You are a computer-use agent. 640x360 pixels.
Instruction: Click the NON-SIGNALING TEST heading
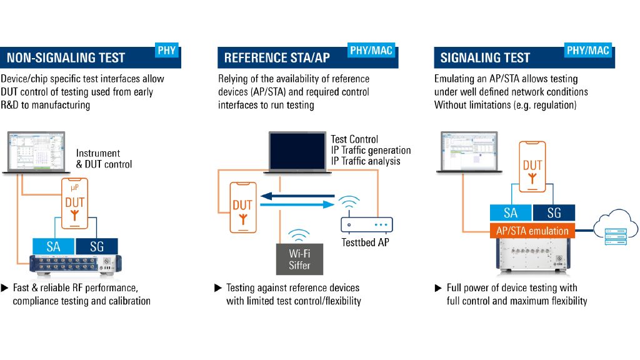(66, 58)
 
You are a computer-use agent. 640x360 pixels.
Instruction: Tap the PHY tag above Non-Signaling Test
(167, 51)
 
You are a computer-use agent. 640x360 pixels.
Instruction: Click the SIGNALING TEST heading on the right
(485, 58)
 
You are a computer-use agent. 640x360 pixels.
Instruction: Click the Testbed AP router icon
(366, 225)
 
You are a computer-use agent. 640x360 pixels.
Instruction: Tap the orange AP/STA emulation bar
(532, 231)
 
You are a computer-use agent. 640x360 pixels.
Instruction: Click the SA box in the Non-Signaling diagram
(53, 246)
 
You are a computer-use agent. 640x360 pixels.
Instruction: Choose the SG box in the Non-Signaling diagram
(96, 246)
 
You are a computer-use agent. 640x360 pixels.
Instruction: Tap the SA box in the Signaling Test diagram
(511, 212)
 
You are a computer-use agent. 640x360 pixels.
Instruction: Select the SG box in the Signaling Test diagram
(554, 212)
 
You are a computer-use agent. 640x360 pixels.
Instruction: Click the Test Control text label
(354, 139)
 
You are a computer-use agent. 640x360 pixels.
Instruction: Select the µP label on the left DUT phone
(75, 187)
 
